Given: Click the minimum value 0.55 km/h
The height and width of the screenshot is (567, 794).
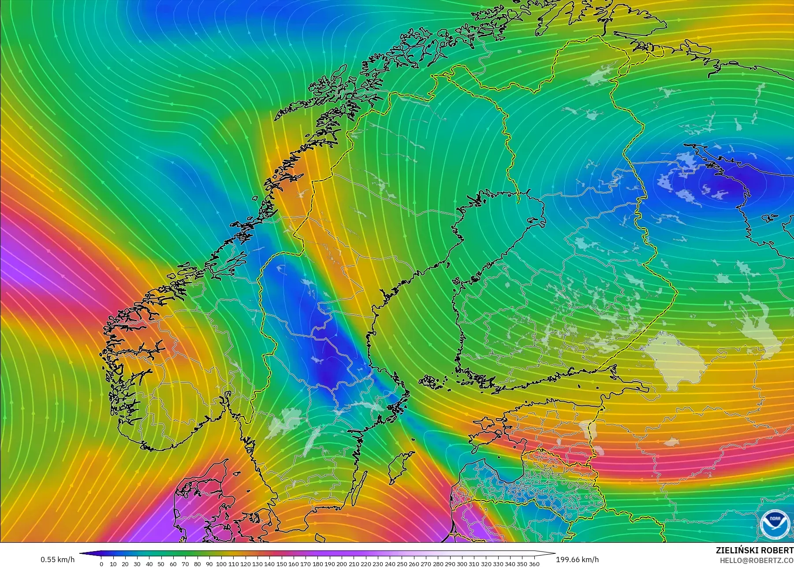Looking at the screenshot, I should point(57,560).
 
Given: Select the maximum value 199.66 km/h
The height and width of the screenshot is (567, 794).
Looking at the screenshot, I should point(577,560).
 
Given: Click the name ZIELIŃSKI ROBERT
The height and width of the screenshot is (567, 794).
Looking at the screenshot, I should point(754,550).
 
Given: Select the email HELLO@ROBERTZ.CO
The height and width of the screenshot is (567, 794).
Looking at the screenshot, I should point(757,560).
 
